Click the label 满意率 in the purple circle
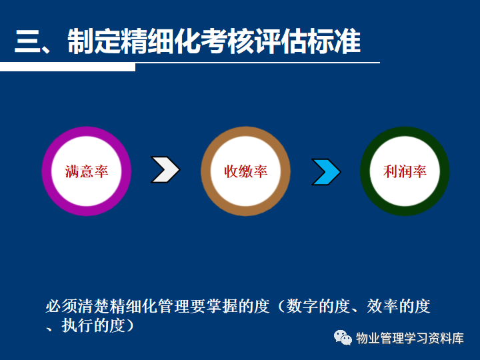tap(87, 171)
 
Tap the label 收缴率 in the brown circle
tap(245, 171)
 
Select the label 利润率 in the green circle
tap(405, 171)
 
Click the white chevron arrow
tap(165, 169)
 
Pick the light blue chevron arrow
tap(326, 172)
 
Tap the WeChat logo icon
tap(343, 337)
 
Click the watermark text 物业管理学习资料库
tap(409, 338)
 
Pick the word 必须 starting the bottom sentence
tap(61, 306)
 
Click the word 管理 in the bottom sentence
tap(173, 306)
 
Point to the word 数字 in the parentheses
tap(302, 306)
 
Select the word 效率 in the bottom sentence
tap(383, 306)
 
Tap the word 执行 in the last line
tap(77, 325)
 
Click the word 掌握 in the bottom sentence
tap(221, 306)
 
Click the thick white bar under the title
tap(67, 67)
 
